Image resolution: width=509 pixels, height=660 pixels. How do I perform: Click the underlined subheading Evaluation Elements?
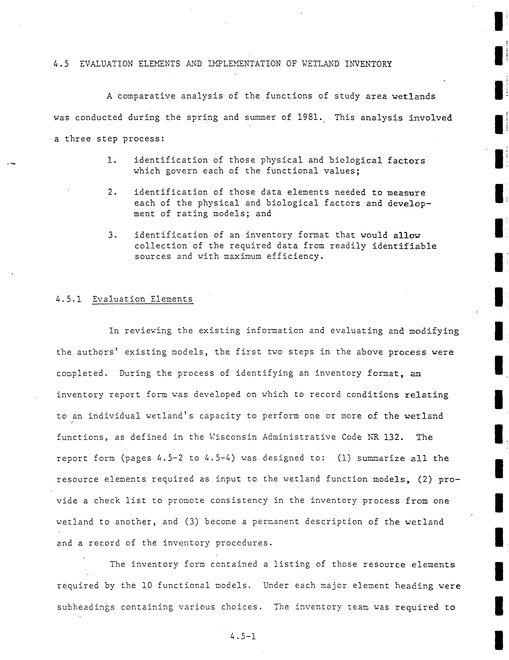pos(143,299)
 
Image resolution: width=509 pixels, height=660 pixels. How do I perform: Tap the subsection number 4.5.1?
pos(69,299)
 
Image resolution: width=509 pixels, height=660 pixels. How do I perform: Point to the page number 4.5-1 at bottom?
pos(243,637)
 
